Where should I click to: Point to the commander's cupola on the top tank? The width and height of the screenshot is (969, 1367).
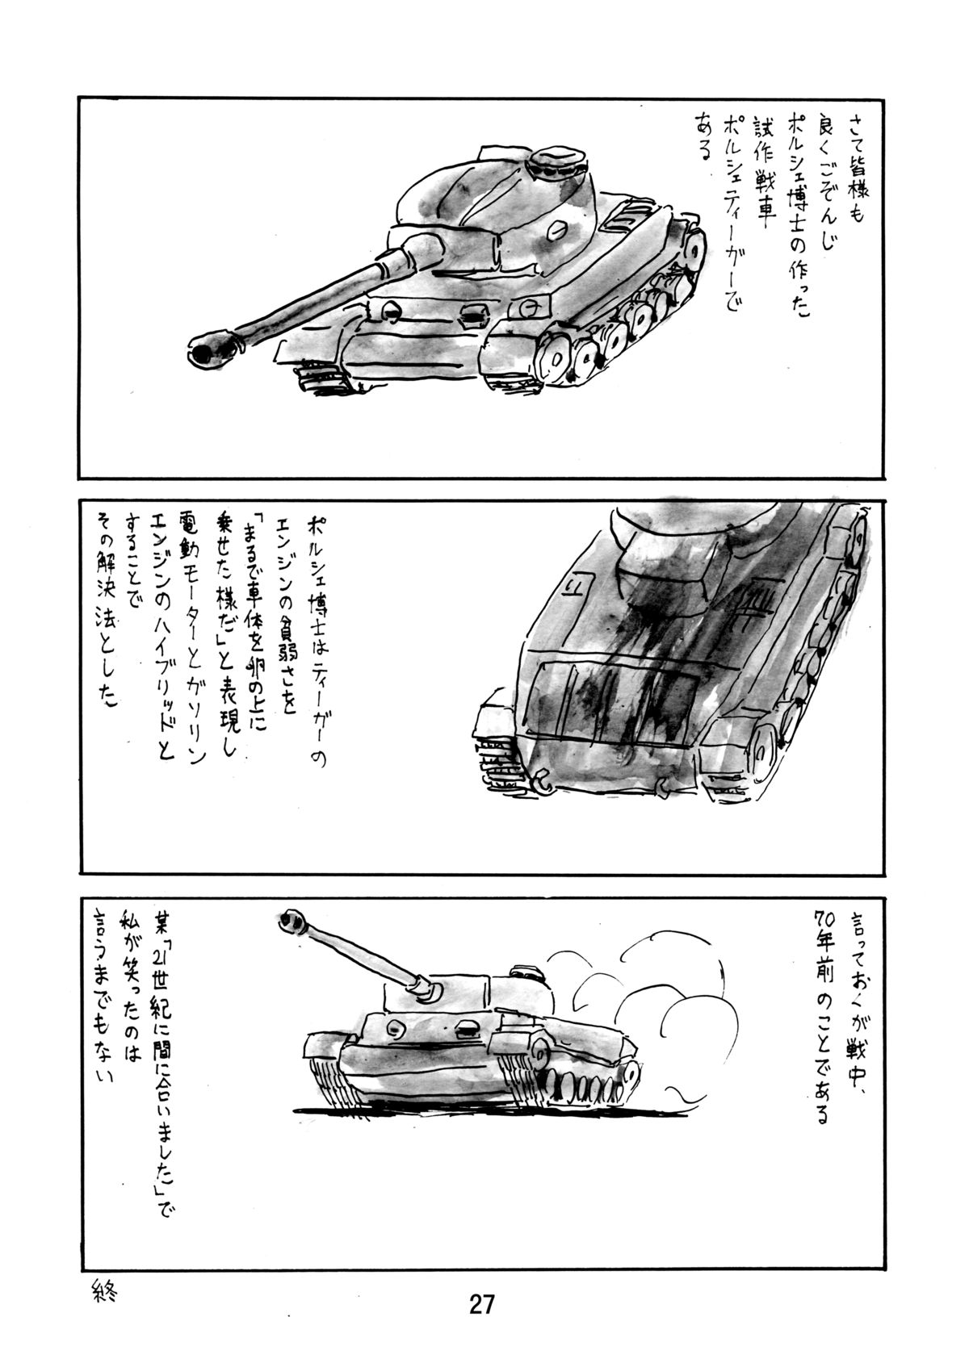point(561,164)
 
